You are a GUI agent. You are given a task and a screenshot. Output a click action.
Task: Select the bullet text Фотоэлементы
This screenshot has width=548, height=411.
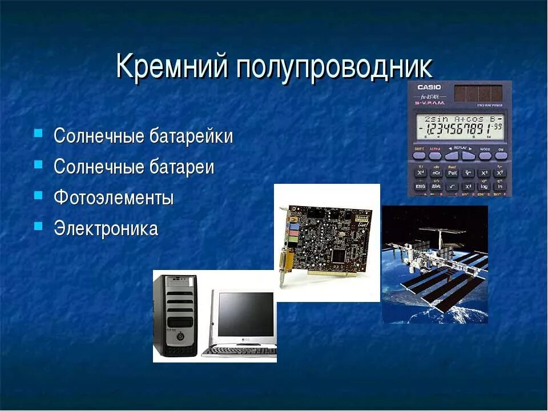pyautogui.click(x=114, y=198)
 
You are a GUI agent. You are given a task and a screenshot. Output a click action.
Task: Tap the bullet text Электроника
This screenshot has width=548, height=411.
pyautogui.click(x=106, y=228)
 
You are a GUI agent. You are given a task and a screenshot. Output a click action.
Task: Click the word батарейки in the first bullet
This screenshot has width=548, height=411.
pyautogui.click(x=191, y=137)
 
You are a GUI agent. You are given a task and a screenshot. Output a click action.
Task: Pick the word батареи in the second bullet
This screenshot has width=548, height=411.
pyautogui.click(x=182, y=167)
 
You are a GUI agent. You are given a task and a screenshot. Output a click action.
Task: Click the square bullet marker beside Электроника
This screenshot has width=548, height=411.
pyautogui.click(x=38, y=225)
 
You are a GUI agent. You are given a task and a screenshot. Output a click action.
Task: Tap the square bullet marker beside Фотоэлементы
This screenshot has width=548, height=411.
pyautogui.click(x=38, y=195)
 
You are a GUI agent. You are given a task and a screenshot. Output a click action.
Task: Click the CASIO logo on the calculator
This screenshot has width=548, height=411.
pyautogui.click(x=429, y=87)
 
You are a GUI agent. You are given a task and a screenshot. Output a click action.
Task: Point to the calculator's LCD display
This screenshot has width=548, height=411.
pyautogui.click(x=460, y=126)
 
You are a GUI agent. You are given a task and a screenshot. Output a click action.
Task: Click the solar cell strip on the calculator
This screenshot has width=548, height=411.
pyautogui.click(x=478, y=92)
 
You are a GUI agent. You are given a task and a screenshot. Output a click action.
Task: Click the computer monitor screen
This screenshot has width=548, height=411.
pyautogui.click(x=245, y=314)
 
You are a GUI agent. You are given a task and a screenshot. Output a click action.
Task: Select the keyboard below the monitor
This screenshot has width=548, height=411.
pyautogui.click(x=239, y=351)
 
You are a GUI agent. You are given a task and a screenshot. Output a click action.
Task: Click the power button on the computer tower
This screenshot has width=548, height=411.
pyautogui.click(x=180, y=336)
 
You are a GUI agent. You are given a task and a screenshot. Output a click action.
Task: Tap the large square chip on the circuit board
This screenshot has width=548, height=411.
pyautogui.click(x=339, y=254)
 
